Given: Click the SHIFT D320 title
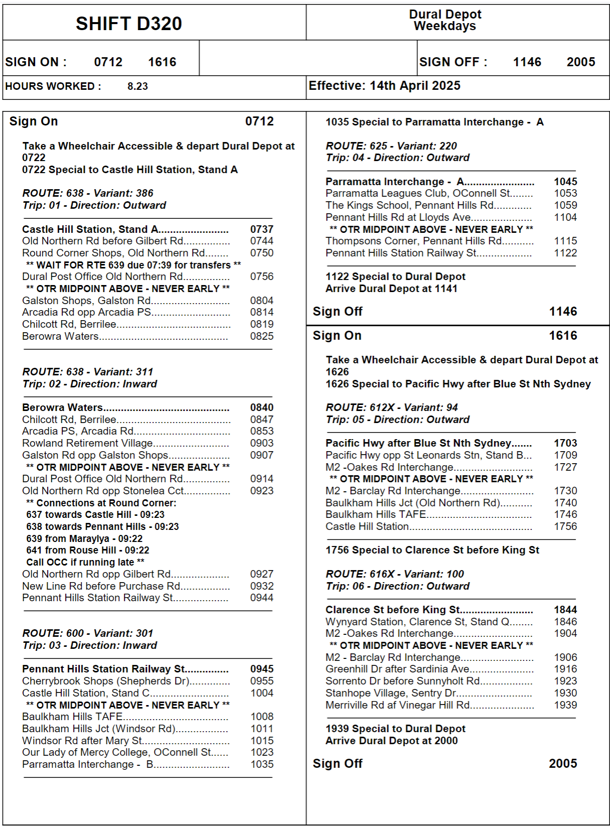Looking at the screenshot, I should pyautogui.click(x=128, y=24).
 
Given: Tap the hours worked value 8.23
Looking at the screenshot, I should pyautogui.click(x=137, y=86).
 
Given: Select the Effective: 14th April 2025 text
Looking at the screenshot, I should pyautogui.click(x=384, y=86).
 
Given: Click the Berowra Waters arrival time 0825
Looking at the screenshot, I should pyautogui.click(x=262, y=336).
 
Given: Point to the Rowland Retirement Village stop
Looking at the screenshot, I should pyautogui.click(x=87, y=443).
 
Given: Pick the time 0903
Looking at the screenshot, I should pyautogui.click(x=262, y=443).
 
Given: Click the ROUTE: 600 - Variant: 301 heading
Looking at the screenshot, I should pyautogui.click(x=88, y=633).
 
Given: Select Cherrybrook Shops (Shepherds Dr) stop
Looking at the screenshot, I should pyautogui.click(x=105, y=681).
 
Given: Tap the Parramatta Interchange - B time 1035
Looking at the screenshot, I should pyautogui.click(x=262, y=764).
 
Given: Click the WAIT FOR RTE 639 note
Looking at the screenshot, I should pyautogui.click(x=133, y=265).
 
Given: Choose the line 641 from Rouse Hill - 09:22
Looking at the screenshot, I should pyautogui.click(x=88, y=550).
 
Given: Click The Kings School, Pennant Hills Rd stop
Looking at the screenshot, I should pyautogui.click(x=409, y=205).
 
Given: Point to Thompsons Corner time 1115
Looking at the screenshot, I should pyautogui.click(x=565, y=241).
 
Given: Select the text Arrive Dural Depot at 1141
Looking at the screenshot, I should pyautogui.click(x=391, y=289).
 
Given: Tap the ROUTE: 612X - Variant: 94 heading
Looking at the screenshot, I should pyautogui.click(x=391, y=407).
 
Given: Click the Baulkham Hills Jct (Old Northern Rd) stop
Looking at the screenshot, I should pyautogui.click(x=412, y=503).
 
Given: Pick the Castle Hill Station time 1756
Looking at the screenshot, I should pyautogui.click(x=565, y=526).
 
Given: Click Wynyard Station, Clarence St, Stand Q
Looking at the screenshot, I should pyautogui.click(x=417, y=622).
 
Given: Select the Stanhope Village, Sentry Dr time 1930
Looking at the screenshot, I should pyautogui.click(x=565, y=693).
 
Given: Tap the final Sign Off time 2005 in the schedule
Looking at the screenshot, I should pyautogui.click(x=563, y=764).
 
